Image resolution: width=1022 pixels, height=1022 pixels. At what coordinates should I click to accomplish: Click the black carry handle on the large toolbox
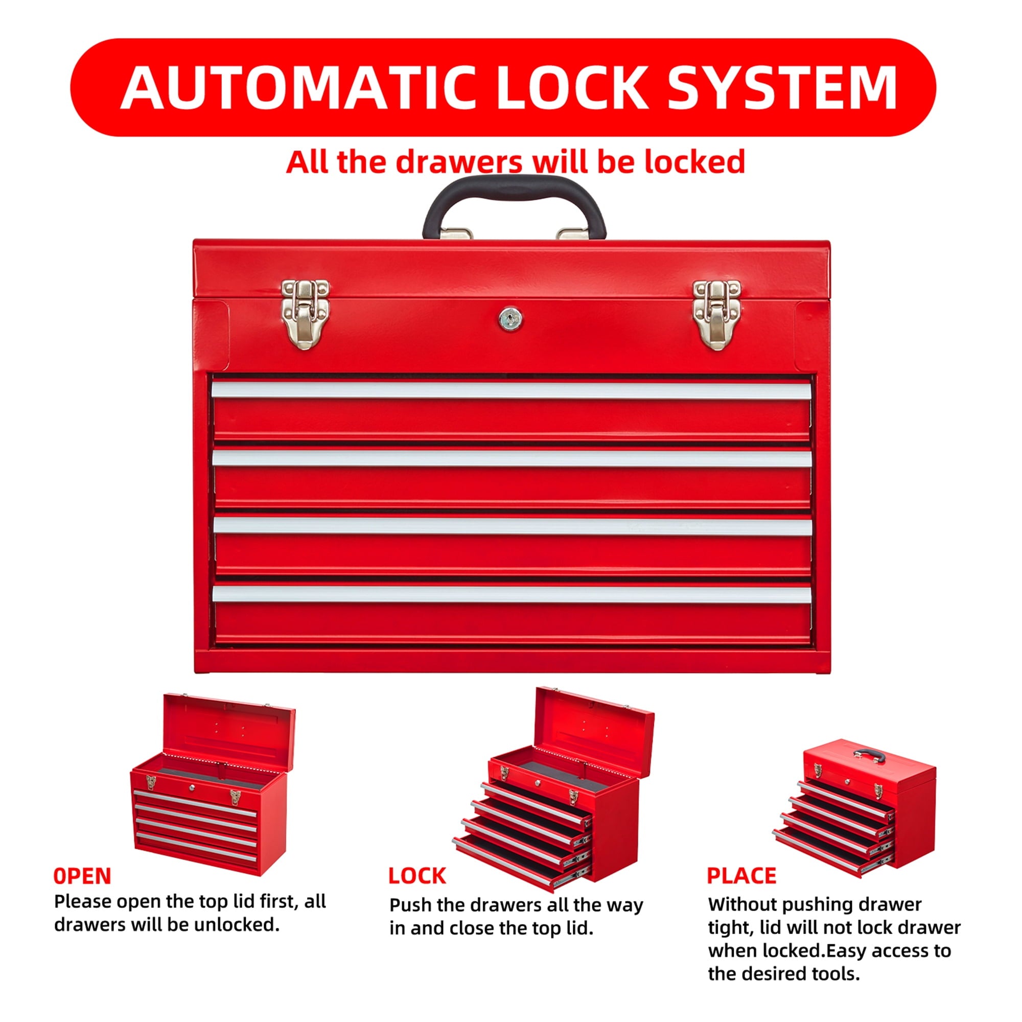pos(514,188)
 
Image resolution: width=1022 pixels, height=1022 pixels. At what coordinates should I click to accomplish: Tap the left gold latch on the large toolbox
pos(305,314)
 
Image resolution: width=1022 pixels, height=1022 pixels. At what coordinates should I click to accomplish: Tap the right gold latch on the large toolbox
pos(716,314)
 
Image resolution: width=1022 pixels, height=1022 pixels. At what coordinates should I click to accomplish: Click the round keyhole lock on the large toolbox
pos(510,318)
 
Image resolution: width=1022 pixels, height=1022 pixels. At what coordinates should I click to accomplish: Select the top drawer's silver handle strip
pos(512,390)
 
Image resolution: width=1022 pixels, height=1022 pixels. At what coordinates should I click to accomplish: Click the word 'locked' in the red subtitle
pos(694,161)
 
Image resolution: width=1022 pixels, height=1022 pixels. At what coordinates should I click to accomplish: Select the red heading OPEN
pos(82,876)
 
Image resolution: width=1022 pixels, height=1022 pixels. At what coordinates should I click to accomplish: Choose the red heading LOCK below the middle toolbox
pos(417,876)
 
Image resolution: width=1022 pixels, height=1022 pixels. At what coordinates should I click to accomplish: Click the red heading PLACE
pos(741,876)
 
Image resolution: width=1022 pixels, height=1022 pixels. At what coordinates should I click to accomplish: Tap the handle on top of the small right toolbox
pos(869,755)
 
